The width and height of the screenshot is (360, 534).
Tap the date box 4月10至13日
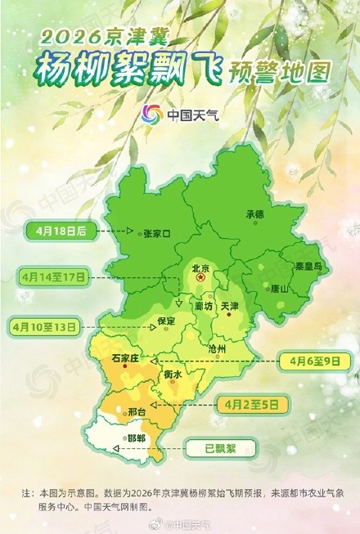[44, 326]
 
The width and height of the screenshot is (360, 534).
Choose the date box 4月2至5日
[253, 402]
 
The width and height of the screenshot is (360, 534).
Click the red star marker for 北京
[200, 279]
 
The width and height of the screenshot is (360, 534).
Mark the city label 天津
[229, 307]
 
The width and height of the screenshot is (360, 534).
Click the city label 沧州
[217, 348]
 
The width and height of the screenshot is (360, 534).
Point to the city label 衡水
[172, 374]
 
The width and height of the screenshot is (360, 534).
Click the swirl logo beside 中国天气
[152, 114]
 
